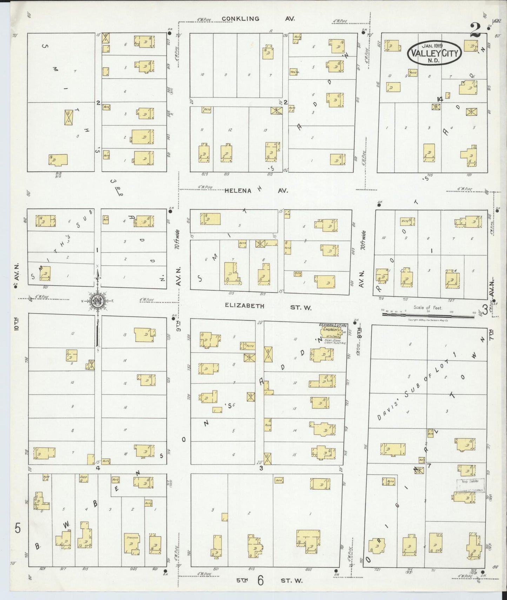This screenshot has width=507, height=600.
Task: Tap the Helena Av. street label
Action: [x=256, y=191]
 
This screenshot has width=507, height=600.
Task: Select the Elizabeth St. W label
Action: [x=268, y=306]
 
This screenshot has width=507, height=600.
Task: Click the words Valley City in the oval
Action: [x=434, y=54]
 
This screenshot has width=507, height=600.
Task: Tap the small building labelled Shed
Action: [x=83, y=478]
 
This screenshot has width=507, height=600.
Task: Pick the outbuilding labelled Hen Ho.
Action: [x=294, y=72]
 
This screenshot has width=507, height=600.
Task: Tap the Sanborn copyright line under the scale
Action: [x=428, y=320]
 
